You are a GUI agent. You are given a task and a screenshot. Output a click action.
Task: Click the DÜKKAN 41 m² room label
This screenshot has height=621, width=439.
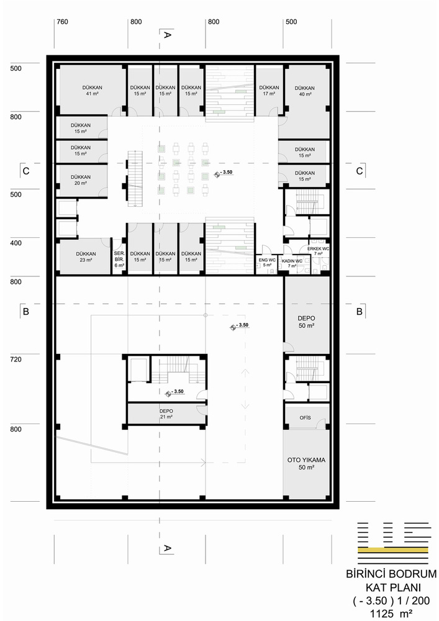[x=93, y=90]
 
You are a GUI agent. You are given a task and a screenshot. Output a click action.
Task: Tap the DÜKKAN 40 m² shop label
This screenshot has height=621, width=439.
[x=305, y=91]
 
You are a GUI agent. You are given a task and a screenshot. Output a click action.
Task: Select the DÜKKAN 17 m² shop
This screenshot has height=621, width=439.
[x=269, y=90]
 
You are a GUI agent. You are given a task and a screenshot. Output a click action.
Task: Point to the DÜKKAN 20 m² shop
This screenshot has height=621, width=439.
[x=81, y=180]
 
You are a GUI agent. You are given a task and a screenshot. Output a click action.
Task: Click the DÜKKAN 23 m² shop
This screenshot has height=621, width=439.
[x=86, y=256]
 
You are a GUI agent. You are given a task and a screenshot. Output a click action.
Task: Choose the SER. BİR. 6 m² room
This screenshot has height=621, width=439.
[x=119, y=259]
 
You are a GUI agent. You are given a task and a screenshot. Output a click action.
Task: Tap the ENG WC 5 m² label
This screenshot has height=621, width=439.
[x=267, y=262]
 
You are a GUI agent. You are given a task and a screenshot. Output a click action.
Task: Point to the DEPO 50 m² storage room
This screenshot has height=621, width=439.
[x=306, y=322]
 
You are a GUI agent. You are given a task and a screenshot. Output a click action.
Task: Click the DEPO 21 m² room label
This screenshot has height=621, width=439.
[x=166, y=414]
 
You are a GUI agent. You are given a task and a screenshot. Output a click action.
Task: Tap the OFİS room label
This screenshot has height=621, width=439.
[x=305, y=418]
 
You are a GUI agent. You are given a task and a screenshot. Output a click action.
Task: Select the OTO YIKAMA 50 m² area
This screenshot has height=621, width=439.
[x=306, y=463]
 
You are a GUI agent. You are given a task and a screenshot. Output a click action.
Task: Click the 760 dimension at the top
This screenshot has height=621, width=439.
[x=63, y=22]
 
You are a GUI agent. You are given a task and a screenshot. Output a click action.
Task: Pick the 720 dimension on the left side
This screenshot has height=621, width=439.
[x=16, y=360]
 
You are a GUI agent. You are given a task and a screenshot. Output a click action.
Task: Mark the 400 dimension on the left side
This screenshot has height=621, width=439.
[x=16, y=243]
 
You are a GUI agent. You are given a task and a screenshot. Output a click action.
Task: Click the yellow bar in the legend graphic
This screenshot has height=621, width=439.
[x=392, y=550]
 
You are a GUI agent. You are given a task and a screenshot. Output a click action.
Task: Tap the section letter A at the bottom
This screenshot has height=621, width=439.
[x=168, y=548]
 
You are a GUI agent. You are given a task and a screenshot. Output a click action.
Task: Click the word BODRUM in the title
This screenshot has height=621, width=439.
[x=413, y=574]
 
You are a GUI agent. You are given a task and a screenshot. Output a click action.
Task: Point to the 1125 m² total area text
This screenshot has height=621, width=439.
[x=391, y=614]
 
